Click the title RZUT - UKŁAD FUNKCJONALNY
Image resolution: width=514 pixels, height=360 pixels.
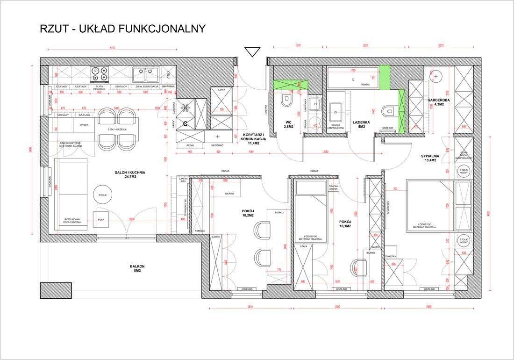pyautogui.click(x=123, y=29)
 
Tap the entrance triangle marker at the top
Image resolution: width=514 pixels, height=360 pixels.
pyautogui.click(x=253, y=51)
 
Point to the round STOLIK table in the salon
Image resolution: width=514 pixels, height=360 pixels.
pyautogui.click(x=102, y=195)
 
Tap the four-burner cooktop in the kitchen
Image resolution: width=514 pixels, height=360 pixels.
pyautogui.click(x=100, y=74)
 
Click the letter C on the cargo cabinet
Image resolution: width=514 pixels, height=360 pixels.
pyautogui.click(x=185, y=124)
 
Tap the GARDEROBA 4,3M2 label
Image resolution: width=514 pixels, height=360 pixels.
pyautogui.click(x=438, y=102)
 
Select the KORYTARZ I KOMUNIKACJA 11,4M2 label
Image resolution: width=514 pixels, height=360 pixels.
pyautogui.click(x=253, y=138)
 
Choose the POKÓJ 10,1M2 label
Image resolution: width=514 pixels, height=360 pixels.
pyautogui.click(x=345, y=223)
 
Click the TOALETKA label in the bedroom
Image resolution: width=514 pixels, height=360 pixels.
pyautogui.click(x=390, y=257)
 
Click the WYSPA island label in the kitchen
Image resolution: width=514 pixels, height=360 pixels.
pyautogui.click(x=84, y=125)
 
